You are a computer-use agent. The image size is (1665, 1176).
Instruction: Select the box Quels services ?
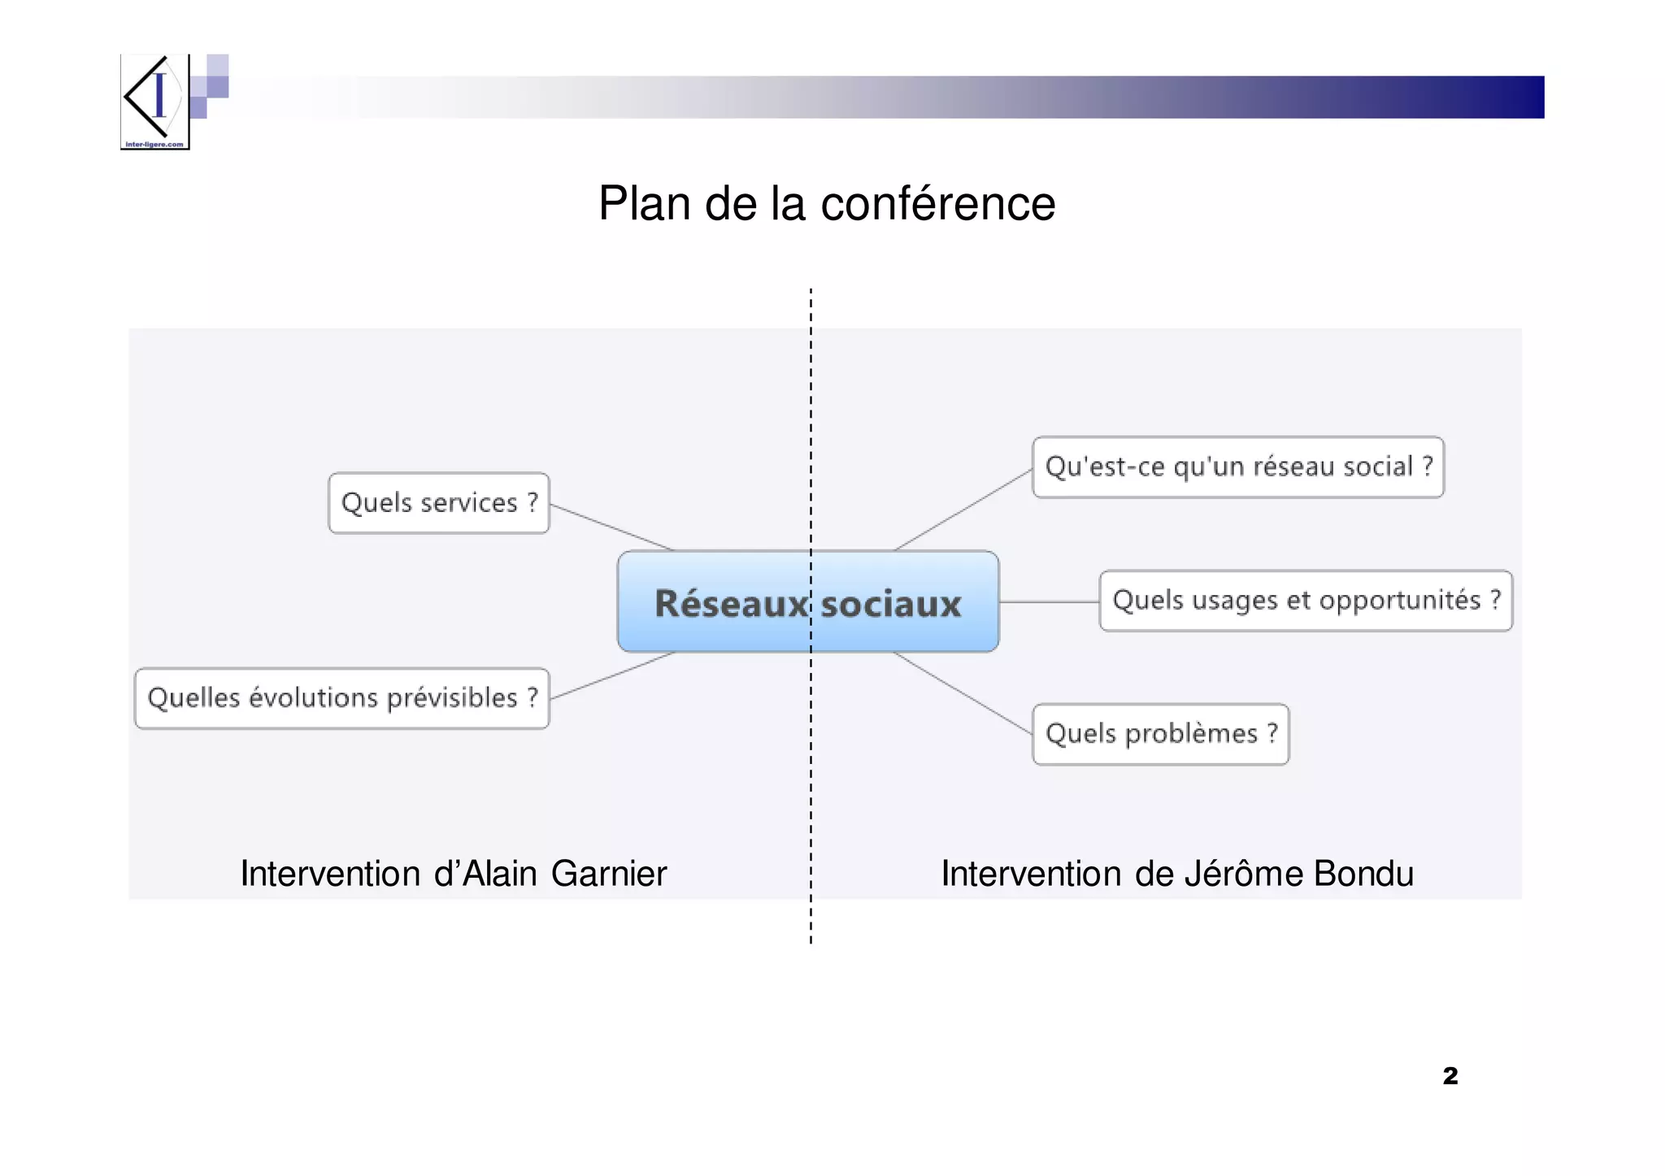tap(438, 503)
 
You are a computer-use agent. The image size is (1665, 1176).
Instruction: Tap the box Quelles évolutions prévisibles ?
tap(341, 698)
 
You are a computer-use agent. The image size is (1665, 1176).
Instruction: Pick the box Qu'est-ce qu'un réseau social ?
tap(1237, 467)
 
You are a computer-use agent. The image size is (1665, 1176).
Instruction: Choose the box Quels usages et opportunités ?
tap(1305, 601)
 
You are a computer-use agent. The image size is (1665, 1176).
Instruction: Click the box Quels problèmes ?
tap(1160, 734)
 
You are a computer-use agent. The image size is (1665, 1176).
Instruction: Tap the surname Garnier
tap(608, 874)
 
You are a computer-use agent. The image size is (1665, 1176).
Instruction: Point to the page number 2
tap(1450, 1076)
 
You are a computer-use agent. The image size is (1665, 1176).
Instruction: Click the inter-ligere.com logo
tap(155, 102)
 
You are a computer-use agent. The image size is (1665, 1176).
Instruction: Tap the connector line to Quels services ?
tap(611, 527)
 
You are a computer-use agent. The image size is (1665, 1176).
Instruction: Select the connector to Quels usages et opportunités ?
tap(1049, 602)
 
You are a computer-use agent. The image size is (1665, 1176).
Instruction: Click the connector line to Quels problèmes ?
tap(963, 693)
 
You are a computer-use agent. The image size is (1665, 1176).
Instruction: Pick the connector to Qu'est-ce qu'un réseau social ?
tap(963, 510)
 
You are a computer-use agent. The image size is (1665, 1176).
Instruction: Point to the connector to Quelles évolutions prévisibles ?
tap(611, 675)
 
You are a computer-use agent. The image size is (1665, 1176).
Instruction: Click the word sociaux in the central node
tap(891, 604)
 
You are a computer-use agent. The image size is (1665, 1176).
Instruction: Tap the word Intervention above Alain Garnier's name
tap(330, 874)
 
